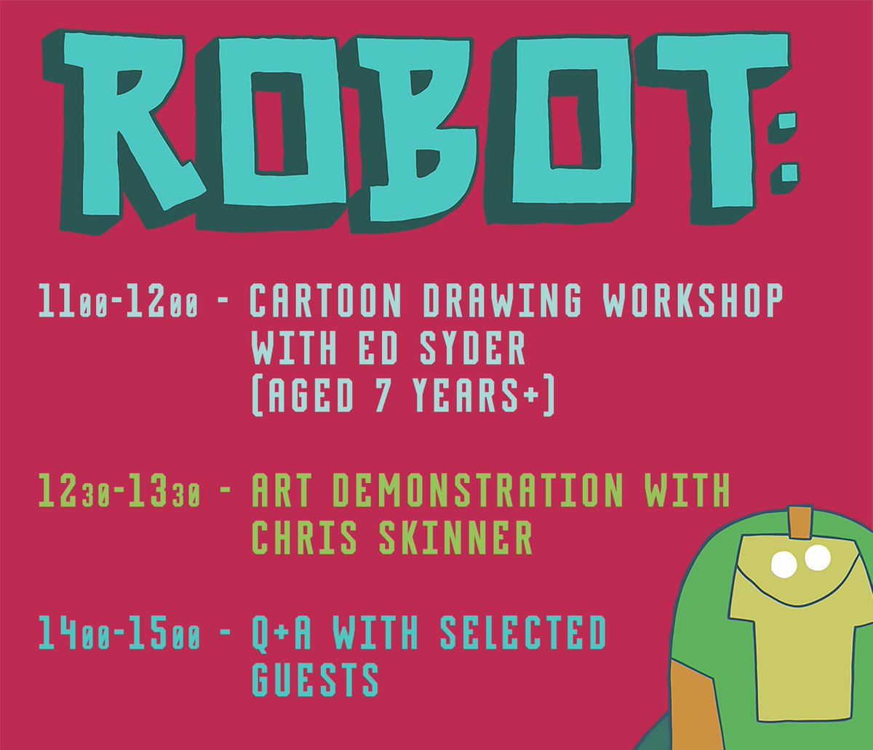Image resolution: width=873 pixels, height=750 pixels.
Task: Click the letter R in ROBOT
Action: click(x=135, y=124)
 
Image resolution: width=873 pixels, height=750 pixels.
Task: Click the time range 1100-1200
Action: click(x=118, y=302)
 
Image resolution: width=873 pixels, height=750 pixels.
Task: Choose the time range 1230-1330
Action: click(x=119, y=493)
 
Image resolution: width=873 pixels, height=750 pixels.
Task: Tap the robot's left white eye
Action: click(x=784, y=562)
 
